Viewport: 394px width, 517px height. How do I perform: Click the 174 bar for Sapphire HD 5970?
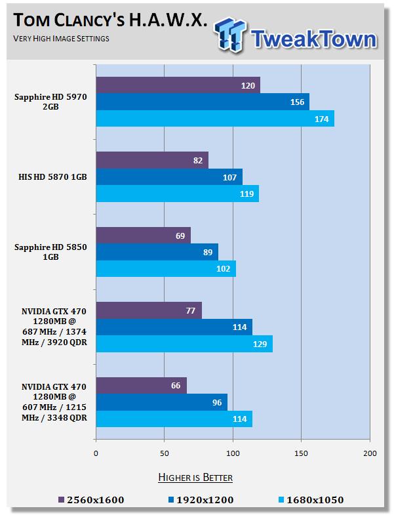pos(215,118)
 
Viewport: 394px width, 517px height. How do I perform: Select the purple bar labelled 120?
pos(178,85)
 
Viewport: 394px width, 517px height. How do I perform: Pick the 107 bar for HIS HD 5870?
pos(169,176)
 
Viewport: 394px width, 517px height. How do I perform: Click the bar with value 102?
pos(166,268)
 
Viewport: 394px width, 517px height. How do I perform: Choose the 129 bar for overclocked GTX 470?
pos(184,344)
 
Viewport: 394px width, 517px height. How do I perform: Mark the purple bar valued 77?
pos(149,310)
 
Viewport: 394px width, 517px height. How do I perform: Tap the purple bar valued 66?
pos(142,385)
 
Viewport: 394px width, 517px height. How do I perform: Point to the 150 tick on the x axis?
pos(301,453)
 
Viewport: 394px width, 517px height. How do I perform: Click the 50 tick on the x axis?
pos(164,453)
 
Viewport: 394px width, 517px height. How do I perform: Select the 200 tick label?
pos(369,453)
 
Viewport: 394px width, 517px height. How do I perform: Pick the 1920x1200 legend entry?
pos(199,500)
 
